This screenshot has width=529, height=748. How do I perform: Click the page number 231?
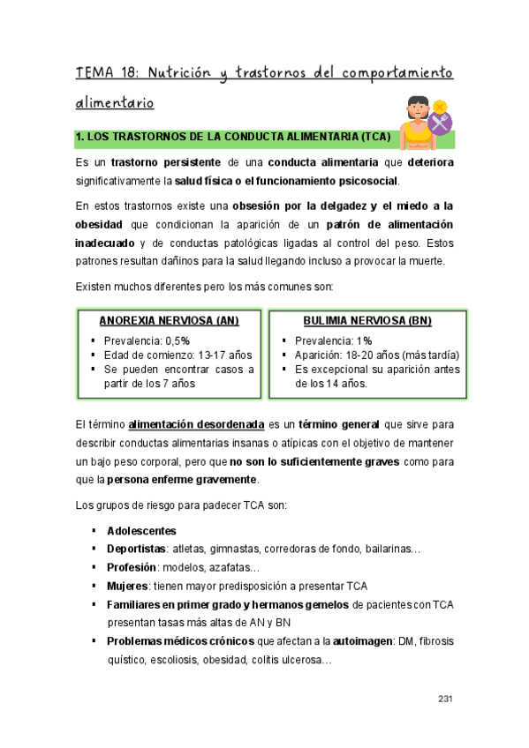pos(445,699)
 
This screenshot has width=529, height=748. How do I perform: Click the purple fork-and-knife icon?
pos(439,123)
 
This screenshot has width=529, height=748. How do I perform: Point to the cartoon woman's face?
pos(417,112)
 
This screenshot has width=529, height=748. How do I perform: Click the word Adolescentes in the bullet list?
pos(141,531)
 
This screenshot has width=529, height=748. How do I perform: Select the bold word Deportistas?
pos(137,550)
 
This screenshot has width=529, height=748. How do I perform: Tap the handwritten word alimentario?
pos(115,103)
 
